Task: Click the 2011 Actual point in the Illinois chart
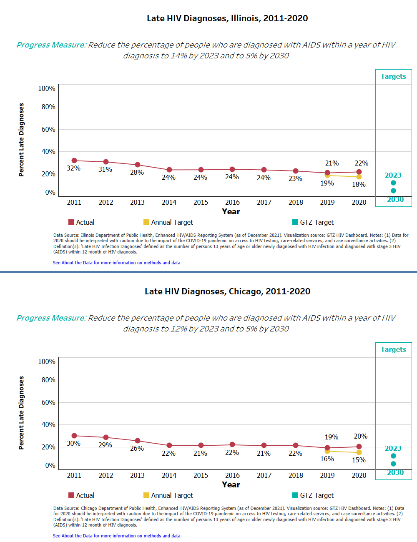pyautogui.click(x=74, y=161)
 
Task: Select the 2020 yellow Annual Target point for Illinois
pyautogui.click(x=359, y=177)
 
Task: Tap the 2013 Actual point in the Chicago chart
pyautogui.click(x=138, y=441)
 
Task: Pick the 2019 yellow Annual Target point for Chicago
pyautogui.click(x=327, y=451)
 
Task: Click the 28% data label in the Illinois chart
pyautogui.click(x=137, y=172)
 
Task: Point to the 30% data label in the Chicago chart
pyautogui.click(x=73, y=443)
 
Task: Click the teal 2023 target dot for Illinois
pyautogui.click(x=393, y=183)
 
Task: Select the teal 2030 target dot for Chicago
pyautogui.click(x=393, y=464)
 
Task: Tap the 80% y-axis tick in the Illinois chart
pyautogui.click(x=48, y=107)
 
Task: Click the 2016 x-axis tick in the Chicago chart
pyautogui.click(x=232, y=475)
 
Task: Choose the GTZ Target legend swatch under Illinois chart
pyautogui.click(x=295, y=222)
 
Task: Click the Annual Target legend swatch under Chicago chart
pyautogui.click(x=146, y=495)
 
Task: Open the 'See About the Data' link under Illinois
pyautogui.click(x=116, y=263)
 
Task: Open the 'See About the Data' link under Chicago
pyautogui.click(x=116, y=536)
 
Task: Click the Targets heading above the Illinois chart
pyautogui.click(x=393, y=76)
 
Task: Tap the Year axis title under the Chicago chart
pyautogui.click(x=231, y=484)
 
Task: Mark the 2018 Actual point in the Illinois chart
pyautogui.click(x=296, y=171)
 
